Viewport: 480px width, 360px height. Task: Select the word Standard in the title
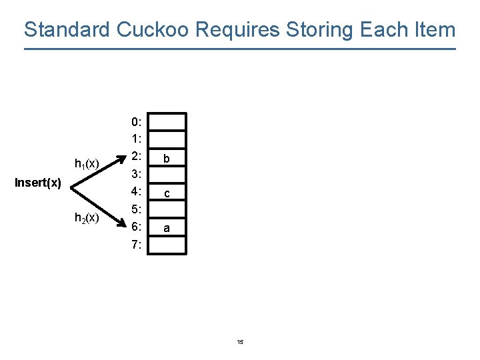point(67,30)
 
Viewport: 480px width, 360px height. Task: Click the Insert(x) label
point(38,183)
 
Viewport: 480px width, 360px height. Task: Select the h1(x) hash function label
point(87,163)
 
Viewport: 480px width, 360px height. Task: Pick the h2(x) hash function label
point(87,217)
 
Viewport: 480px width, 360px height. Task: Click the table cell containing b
point(167,157)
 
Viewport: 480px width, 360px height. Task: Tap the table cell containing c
point(167,193)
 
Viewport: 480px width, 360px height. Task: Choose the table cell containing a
point(167,227)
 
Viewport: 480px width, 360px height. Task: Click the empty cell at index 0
point(167,122)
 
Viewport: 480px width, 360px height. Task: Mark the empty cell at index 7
point(167,245)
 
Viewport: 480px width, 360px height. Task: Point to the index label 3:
point(136,175)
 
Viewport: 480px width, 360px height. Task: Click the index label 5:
point(136,209)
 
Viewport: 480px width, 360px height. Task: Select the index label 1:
point(136,139)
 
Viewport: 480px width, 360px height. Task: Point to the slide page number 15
point(240,342)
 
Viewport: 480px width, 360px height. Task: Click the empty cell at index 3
point(167,175)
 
